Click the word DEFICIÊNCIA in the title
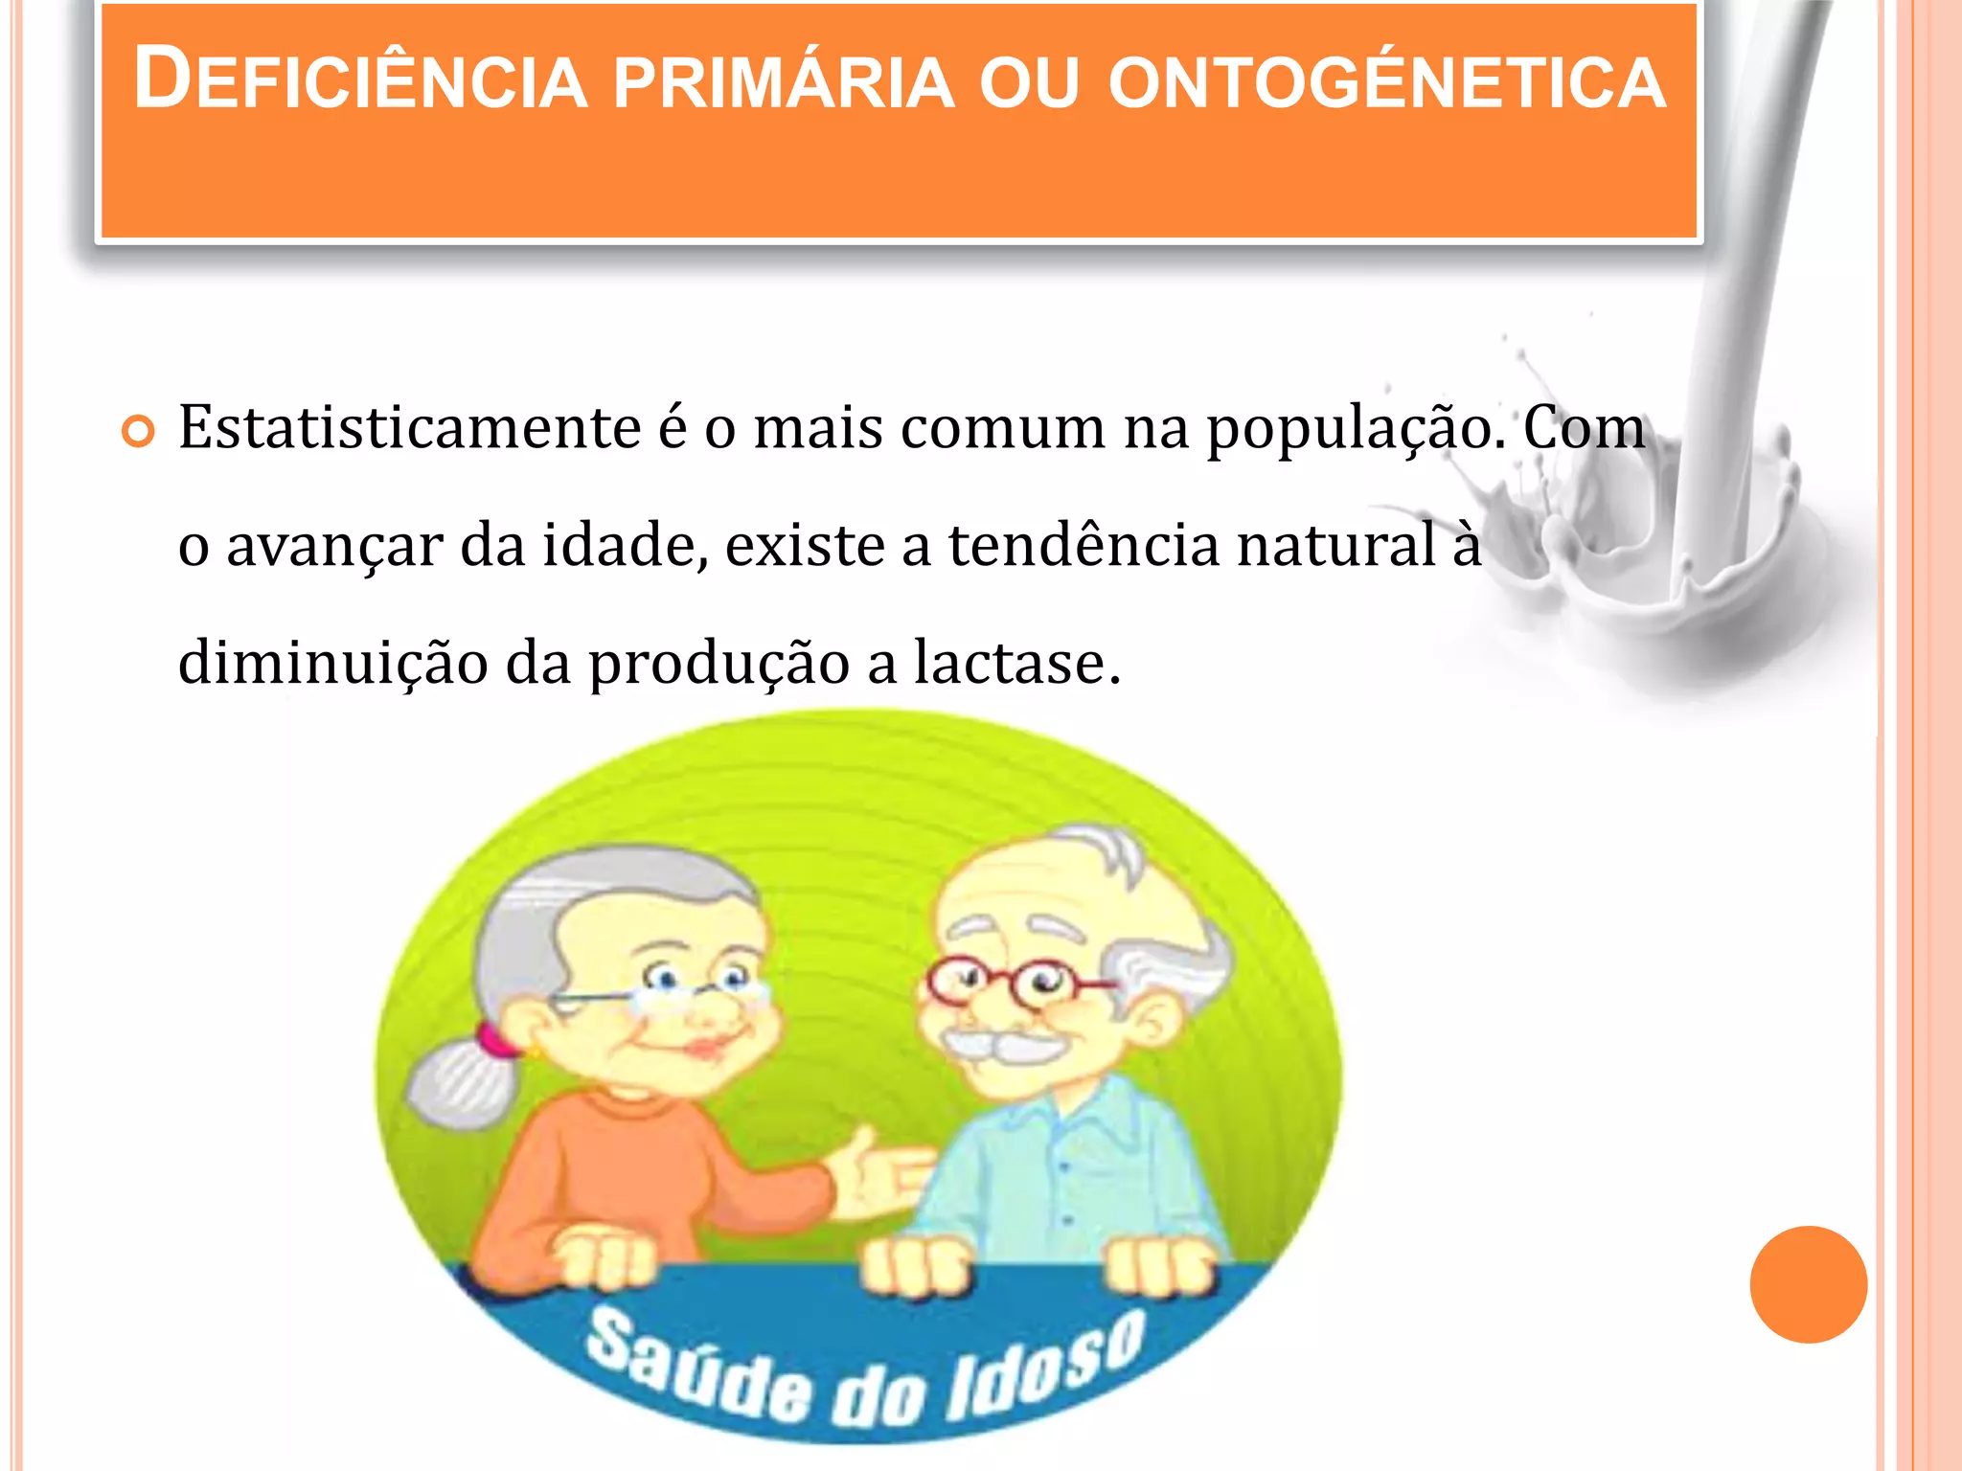pos(360,80)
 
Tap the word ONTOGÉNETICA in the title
pos(1387,82)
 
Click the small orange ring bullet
pos(139,432)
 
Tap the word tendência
pos(1084,545)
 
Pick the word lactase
pos(1015,662)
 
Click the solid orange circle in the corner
pos(1808,1284)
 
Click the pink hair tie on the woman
pos(494,1040)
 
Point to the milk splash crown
pos(1619,536)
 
